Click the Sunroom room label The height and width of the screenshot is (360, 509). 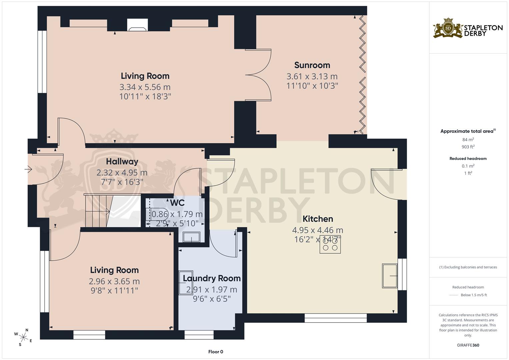click(312, 65)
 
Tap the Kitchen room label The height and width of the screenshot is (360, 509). click(318, 219)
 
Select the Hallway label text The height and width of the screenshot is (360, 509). click(122, 162)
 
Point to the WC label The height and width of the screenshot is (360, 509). click(177, 203)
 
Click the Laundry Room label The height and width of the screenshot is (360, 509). click(212, 278)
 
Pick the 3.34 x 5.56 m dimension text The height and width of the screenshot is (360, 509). click(145, 87)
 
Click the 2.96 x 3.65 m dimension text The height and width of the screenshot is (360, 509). click(114, 281)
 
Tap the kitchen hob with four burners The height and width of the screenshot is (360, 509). click(330, 244)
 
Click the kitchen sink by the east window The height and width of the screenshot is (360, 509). click(390, 276)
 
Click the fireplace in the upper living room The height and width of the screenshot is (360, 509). click(137, 25)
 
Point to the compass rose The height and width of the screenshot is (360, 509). click(23, 337)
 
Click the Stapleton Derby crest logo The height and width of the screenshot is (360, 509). click(448, 28)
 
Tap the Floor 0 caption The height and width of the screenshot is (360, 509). click(216, 352)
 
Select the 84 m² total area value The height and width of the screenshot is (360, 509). click(468, 139)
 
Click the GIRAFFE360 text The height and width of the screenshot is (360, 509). click(468, 345)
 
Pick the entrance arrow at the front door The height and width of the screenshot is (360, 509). click(28, 169)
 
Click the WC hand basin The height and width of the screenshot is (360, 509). click(192, 237)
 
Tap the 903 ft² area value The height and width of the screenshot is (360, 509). click(468, 147)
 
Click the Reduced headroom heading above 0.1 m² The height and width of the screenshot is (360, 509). click(468, 159)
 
